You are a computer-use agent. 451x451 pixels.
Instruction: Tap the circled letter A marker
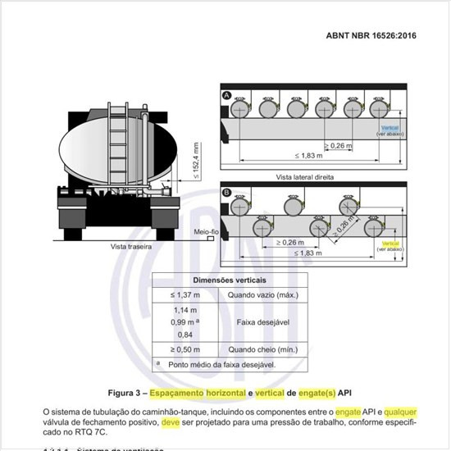226,96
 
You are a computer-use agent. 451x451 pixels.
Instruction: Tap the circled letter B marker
226,194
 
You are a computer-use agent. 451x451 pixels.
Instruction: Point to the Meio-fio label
205,232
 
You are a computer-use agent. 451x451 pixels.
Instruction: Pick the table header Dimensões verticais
229,280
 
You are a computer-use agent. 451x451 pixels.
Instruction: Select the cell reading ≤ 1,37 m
186,295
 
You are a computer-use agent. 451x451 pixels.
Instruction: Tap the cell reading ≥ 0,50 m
186,348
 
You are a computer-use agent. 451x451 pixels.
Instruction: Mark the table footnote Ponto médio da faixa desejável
223,363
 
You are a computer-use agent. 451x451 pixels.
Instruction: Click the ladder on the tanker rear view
114,148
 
